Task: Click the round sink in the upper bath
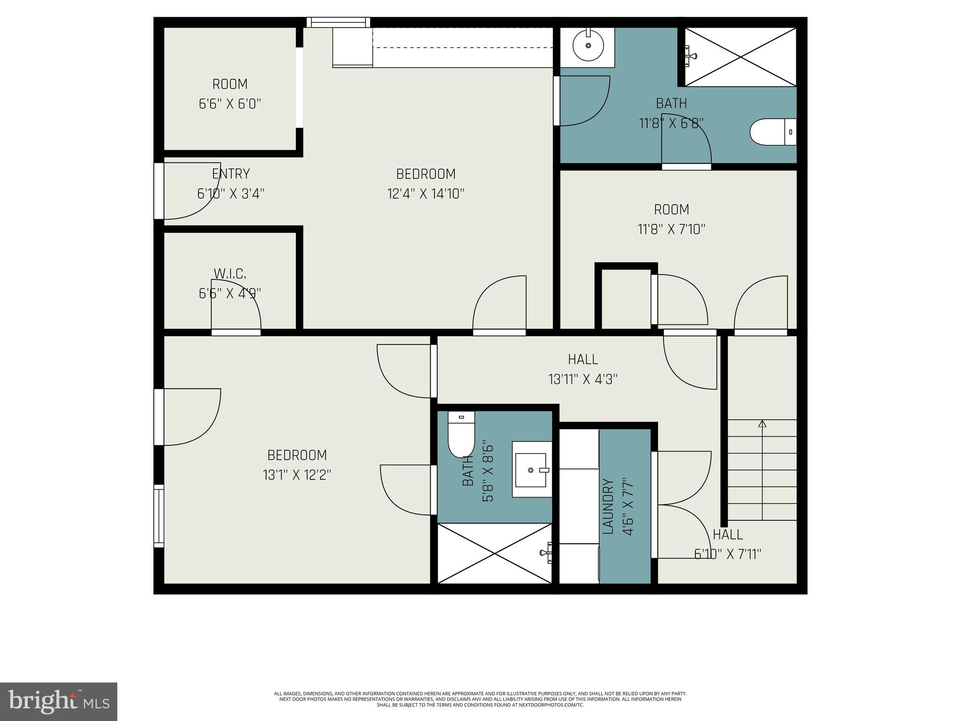coord(588,46)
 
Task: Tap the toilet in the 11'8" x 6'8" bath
coord(773,132)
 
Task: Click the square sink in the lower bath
coord(532,469)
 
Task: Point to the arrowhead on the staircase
coord(763,423)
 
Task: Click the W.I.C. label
coord(230,273)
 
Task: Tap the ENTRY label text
coord(231,174)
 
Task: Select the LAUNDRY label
coord(608,506)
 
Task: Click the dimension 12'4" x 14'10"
coord(426,194)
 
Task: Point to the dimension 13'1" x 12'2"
coord(297,475)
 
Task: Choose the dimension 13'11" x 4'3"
coord(583,379)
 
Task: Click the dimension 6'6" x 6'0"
coord(230,104)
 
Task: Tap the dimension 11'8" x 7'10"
coord(671,230)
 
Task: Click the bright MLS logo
coord(59,701)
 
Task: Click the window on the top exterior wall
coord(338,22)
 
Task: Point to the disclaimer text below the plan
coord(480,699)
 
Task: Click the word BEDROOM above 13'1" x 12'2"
coord(297,455)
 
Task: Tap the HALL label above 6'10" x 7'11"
coord(728,535)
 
